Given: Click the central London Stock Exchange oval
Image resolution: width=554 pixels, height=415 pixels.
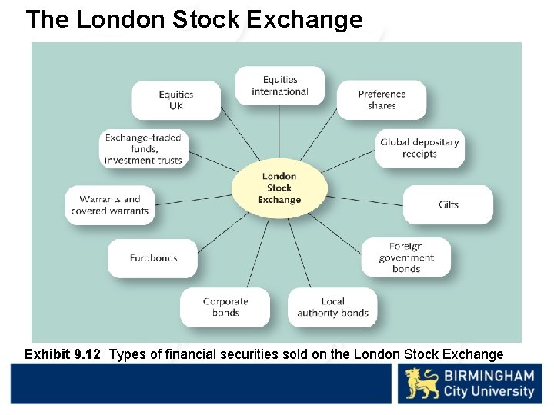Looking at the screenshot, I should pyautogui.click(x=279, y=188).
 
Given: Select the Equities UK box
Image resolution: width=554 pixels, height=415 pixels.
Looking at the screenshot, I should pyautogui.click(x=175, y=101).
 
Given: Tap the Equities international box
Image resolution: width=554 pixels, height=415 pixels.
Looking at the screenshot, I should pyautogui.click(x=280, y=86).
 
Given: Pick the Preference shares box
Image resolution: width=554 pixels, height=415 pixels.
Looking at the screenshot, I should pyautogui.click(x=382, y=100).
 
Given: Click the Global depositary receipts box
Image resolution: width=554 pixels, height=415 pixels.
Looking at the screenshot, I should pyautogui.click(x=419, y=148).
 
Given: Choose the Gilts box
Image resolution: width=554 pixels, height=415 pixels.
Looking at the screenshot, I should pyautogui.click(x=448, y=204).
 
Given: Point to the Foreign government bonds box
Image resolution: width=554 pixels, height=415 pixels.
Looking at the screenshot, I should pyautogui.click(x=406, y=257).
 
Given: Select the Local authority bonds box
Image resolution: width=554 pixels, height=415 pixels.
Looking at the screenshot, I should pyautogui.click(x=332, y=307).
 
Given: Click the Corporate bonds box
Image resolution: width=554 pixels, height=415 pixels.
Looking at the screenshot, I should pyautogui.click(x=225, y=307).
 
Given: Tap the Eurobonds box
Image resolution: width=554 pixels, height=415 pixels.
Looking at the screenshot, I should pyautogui.click(x=153, y=258).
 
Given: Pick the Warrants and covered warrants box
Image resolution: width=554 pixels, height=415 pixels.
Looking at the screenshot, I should pyautogui.click(x=110, y=205).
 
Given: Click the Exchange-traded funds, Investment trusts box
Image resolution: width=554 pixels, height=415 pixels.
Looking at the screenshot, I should pyautogui.click(x=144, y=149).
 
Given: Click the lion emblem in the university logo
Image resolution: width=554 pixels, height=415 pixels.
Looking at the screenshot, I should pyautogui.click(x=422, y=383).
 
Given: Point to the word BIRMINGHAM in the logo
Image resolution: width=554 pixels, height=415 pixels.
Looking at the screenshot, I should pyautogui.click(x=489, y=377).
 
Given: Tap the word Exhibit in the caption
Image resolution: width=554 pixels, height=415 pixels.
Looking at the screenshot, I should pyautogui.click(x=46, y=354).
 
